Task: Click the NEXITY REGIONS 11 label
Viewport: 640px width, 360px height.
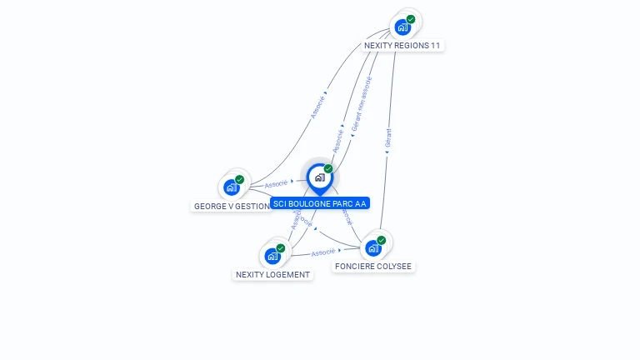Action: (402, 45)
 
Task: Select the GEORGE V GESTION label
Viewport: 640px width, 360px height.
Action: (232, 206)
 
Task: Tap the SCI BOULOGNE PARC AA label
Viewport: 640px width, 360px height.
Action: (319, 203)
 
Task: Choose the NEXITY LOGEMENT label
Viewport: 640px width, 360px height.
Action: (272, 274)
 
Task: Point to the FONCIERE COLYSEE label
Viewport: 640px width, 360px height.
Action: (372, 267)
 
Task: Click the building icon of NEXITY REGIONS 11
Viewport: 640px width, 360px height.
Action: (402, 27)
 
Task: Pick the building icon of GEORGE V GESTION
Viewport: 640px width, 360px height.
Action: (231, 187)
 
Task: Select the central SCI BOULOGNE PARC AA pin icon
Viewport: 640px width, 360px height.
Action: (319, 177)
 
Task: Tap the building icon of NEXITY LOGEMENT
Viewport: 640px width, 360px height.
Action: (272, 256)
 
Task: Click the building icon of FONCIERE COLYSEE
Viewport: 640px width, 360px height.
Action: (372, 247)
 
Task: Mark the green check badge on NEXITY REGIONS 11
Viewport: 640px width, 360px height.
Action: (411, 19)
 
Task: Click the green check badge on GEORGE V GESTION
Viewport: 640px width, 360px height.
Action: (239, 179)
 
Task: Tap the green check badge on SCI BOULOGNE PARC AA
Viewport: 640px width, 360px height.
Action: (328, 168)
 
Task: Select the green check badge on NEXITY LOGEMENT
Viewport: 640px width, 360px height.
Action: (281, 248)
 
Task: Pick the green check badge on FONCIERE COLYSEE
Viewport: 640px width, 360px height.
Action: (382, 240)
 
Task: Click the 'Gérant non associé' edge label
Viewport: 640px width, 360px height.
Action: (361, 104)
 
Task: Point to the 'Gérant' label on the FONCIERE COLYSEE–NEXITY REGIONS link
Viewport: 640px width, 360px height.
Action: (388, 137)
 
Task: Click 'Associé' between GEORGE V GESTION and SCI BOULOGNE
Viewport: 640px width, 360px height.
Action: (276, 182)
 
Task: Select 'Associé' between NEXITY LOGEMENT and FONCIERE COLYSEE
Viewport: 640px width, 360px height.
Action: (322, 252)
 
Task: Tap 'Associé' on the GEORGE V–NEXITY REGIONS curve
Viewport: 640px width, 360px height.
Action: (317, 107)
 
